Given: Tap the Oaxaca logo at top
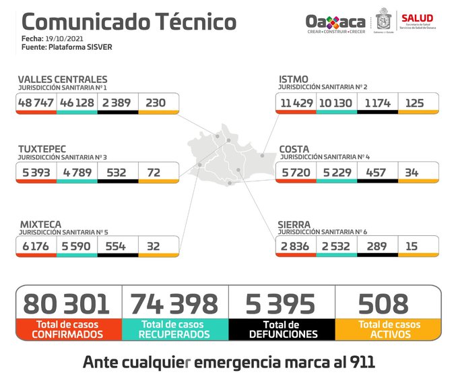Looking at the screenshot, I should coord(335,22).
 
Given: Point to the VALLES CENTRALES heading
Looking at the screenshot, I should coord(62,80).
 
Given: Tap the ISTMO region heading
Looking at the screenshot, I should coord(294,80).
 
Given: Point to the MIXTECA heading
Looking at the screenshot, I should coord(40,223).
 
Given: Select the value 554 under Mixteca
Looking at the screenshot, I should coord(117,245).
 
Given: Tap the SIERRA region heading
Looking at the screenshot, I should coord(294,223).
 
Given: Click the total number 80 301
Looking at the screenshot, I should coord(66,303).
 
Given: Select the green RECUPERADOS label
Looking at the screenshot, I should coord(174,329).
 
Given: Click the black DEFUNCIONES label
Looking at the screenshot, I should coord(282,329).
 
